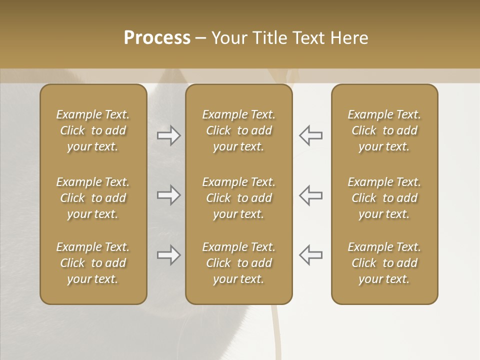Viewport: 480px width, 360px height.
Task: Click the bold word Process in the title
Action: point(157,38)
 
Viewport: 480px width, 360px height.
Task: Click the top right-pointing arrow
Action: point(169,135)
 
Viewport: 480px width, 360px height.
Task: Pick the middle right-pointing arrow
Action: point(169,195)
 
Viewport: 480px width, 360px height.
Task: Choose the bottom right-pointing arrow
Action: point(169,255)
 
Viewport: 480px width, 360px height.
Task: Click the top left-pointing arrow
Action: point(310,135)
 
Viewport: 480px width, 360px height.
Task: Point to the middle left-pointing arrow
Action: point(310,195)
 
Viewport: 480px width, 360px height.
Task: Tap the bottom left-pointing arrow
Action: point(310,255)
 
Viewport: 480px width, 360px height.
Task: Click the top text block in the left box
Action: point(93,130)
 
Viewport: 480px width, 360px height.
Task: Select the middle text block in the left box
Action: point(93,198)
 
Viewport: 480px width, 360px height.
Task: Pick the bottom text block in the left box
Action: point(93,263)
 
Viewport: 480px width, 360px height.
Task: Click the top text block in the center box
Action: point(238,130)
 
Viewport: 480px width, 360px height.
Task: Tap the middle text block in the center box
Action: point(238,198)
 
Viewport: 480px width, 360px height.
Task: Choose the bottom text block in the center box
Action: point(238,263)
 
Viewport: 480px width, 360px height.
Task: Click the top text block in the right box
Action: point(384,130)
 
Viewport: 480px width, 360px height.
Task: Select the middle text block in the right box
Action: point(384,198)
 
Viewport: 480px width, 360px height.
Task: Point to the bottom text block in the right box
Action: point(384,263)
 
